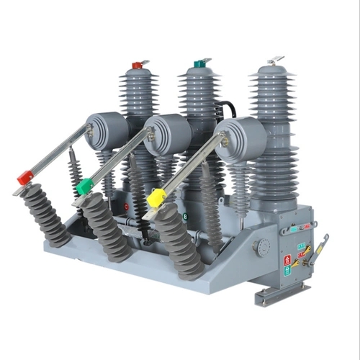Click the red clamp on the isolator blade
click(x=25, y=178)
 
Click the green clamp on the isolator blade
click(x=86, y=186)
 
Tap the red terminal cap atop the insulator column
click(x=138, y=66)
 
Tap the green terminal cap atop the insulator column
click(x=199, y=64)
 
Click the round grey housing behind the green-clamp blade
click(x=168, y=134)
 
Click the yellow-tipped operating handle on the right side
click(x=320, y=248)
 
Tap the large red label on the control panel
click(x=288, y=258)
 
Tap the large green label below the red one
click(x=288, y=270)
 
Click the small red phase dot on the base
click(x=127, y=207)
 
